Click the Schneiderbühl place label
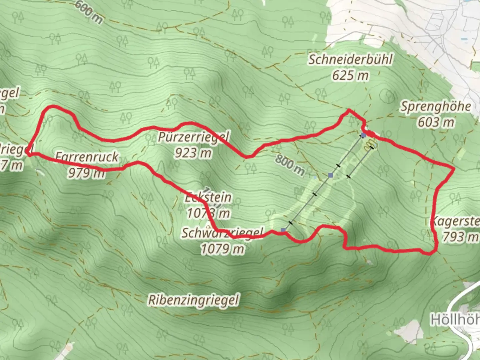[350, 60]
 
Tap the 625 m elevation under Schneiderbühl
[350, 76]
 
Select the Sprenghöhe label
[436, 107]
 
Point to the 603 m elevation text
[436, 122]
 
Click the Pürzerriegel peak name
[193, 137]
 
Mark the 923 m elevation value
[193, 153]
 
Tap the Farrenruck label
[87, 157]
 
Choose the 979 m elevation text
[86, 173]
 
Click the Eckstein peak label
[208, 197]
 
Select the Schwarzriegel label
[222, 233]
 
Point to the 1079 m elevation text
[222, 249]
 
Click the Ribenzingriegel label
[193, 300]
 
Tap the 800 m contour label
[290, 166]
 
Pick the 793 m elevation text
[460, 237]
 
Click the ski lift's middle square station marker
[330, 175]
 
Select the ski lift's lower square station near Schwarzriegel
[283, 230]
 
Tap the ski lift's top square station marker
[363, 135]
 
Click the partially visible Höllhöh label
[455, 320]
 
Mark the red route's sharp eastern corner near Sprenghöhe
[454, 169]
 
